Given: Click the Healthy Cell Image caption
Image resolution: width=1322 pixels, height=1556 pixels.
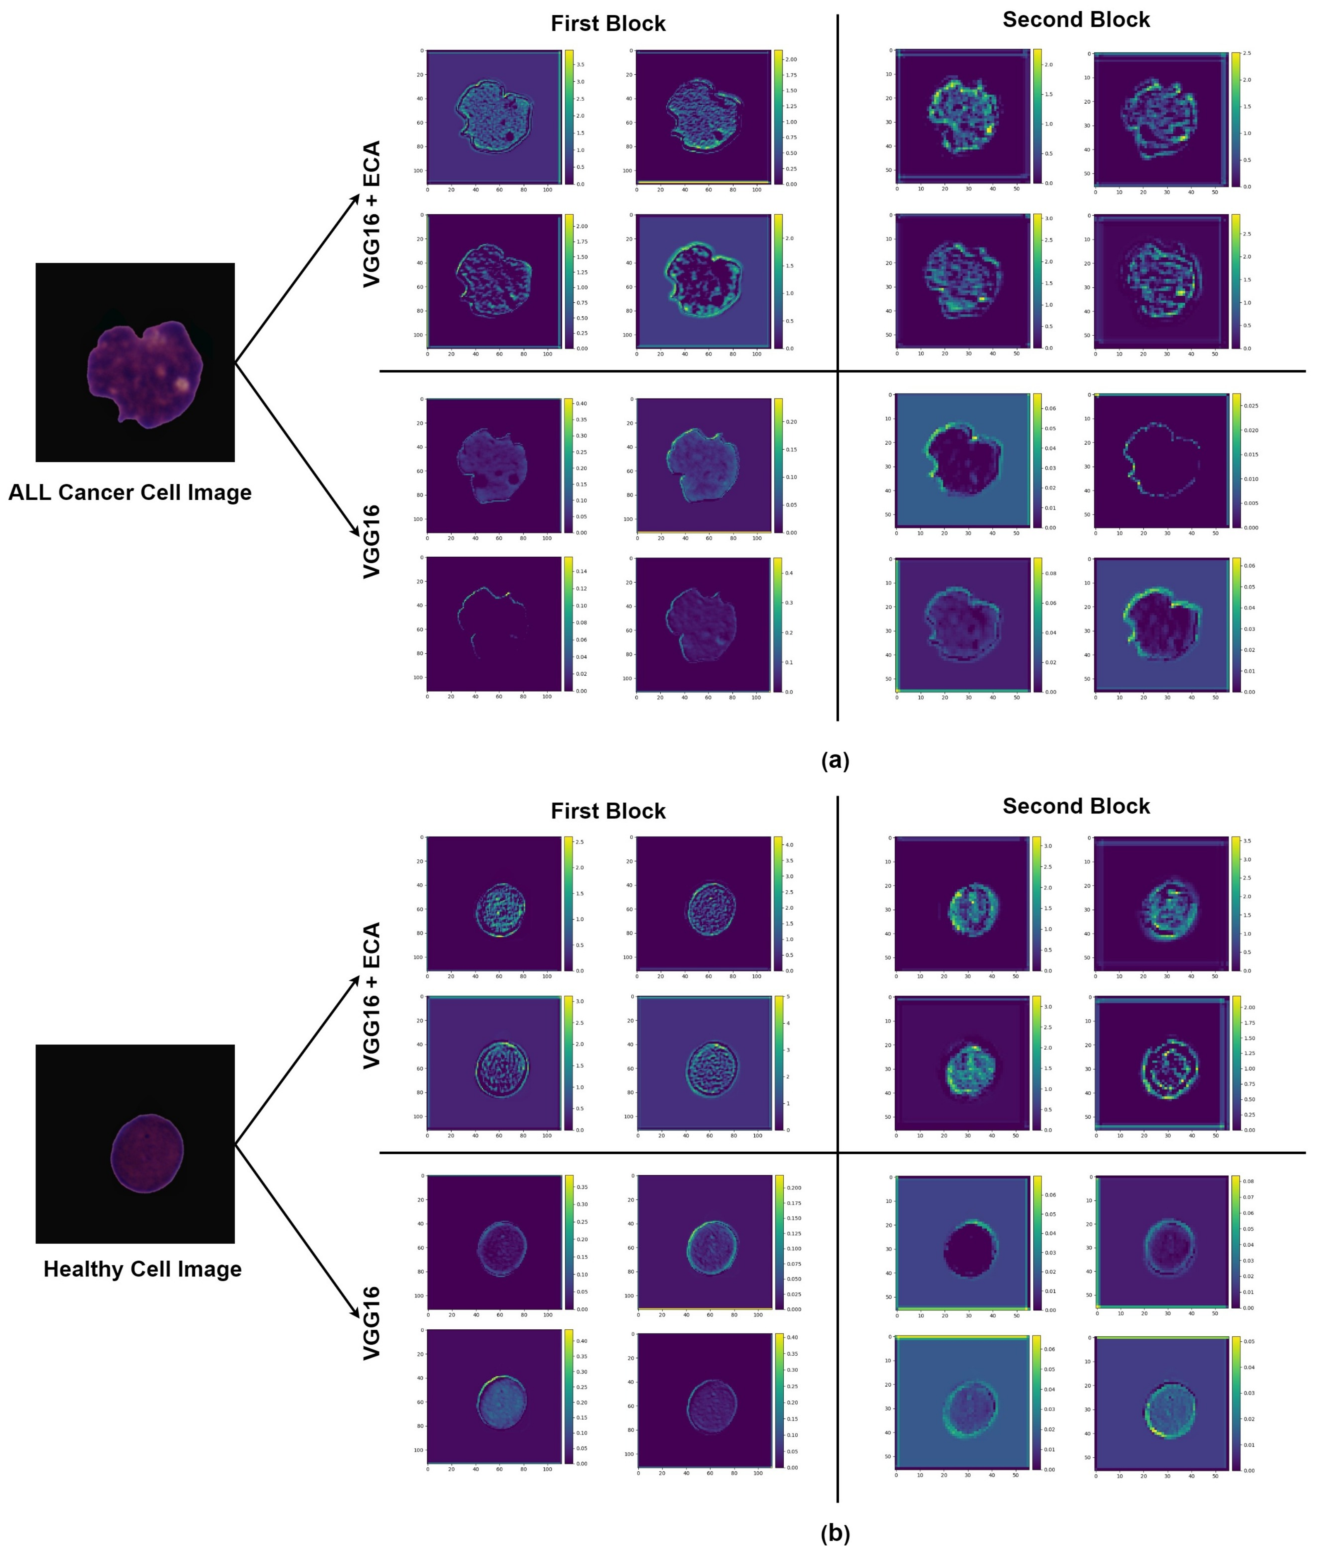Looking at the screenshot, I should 143,1269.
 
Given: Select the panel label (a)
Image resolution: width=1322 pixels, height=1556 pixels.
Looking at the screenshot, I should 835,760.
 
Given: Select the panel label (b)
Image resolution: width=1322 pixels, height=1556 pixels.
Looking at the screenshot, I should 835,1533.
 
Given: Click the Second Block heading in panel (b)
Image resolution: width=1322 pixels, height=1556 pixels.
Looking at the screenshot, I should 1075,806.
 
